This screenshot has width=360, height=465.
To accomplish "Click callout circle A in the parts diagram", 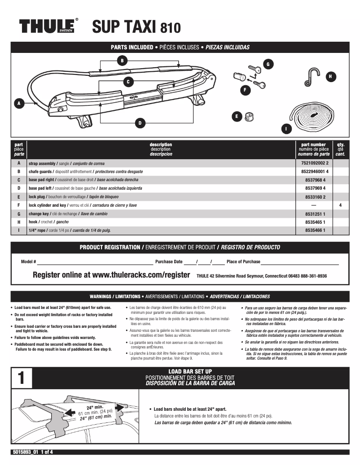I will (x=19, y=104).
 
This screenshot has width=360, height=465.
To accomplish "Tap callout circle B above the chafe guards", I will (x=122, y=61).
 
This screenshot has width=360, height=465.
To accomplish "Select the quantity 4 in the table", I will (x=340, y=205).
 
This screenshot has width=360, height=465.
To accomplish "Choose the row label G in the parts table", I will (x=19, y=214).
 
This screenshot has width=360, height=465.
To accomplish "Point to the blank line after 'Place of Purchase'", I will (x=299, y=262).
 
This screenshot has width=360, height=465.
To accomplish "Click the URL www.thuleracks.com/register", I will (x=141, y=275).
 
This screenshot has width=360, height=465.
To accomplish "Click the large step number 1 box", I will (x=21, y=378).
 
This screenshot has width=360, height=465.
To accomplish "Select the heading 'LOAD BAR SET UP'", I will (x=190, y=371).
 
